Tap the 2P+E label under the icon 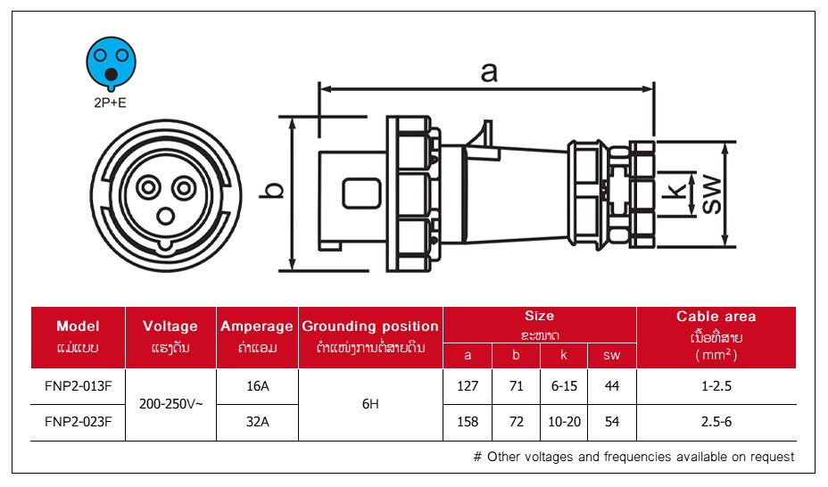pyautogui.click(x=110, y=103)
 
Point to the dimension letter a pyautogui.click(x=488, y=72)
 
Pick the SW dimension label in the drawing pyautogui.click(x=711, y=194)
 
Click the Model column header pyautogui.click(x=78, y=326)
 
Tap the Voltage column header pyautogui.click(x=170, y=326)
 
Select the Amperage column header pyautogui.click(x=257, y=326)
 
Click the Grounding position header pyautogui.click(x=370, y=326)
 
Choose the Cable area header pyautogui.click(x=716, y=317)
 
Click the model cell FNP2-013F pyautogui.click(x=78, y=387)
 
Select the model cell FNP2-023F pyautogui.click(x=78, y=422)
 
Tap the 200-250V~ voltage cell pyautogui.click(x=170, y=404)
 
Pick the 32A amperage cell pyautogui.click(x=257, y=422)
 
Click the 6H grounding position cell pyautogui.click(x=370, y=404)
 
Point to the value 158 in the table pyautogui.click(x=468, y=422)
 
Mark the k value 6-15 pyautogui.click(x=564, y=387)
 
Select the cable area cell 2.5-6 pyautogui.click(x=716, y=422)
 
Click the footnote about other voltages pyautogui.click(x=633, y=457)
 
